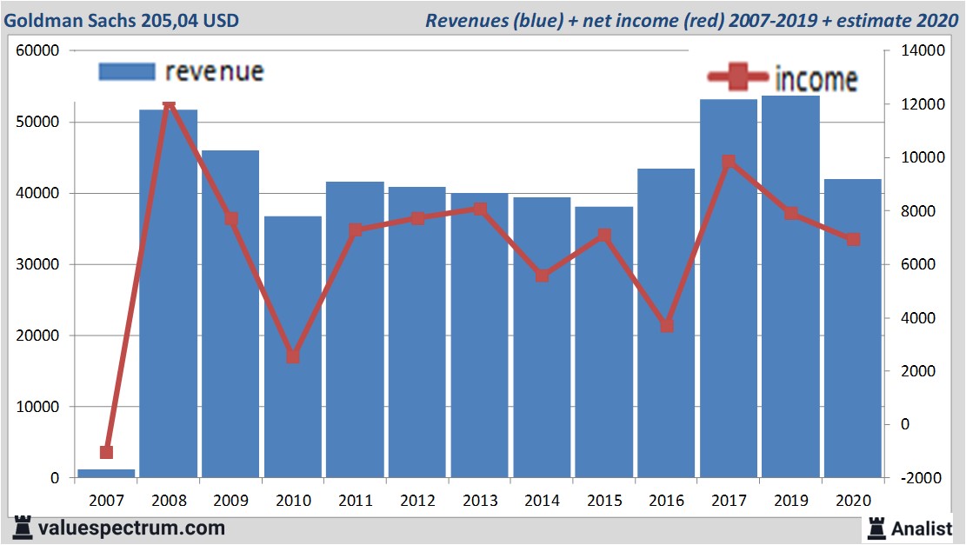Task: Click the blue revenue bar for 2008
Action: point(169,296)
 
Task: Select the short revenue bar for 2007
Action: point(107,473)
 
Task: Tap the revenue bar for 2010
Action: point(293,348)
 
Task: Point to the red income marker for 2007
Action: point(107,452)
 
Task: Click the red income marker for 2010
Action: point(293,356)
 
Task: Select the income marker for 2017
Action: point(729,162)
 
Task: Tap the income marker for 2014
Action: point(542,276)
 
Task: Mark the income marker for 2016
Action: point(666,325)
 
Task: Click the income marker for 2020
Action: point(853,239)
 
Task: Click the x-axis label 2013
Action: point(479,501)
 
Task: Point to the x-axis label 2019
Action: point(790,501)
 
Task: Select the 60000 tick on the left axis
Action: point(37,51)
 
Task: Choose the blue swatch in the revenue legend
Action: point(127,71)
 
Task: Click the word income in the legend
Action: point(816,79)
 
